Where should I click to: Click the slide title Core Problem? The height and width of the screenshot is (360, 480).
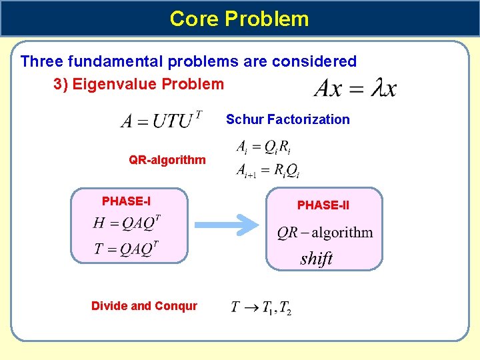click(239, 18)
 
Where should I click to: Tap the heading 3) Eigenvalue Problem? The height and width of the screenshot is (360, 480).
click(139, 84)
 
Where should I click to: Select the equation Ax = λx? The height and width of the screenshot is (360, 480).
click(355, 88)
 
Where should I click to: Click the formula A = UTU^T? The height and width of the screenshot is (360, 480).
click(161, 120)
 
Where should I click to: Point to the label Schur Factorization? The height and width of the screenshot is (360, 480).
click(287, 119)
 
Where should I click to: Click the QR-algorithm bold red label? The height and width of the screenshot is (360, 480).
click(167, 160)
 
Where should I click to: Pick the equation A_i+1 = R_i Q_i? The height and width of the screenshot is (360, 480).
click(267, 171)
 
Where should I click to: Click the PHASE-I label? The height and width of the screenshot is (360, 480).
click(126, 201)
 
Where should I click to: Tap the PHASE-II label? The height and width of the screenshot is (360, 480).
click(323, 205)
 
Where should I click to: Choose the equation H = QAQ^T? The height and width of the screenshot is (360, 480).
click(127, 223)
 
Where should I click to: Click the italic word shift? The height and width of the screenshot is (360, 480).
click(316, 259)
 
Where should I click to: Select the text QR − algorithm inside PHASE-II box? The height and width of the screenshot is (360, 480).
click(325, 233)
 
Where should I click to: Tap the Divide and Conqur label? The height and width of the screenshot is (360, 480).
click(144, 306)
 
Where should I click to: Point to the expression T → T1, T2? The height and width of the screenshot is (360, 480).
click(261, 307)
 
